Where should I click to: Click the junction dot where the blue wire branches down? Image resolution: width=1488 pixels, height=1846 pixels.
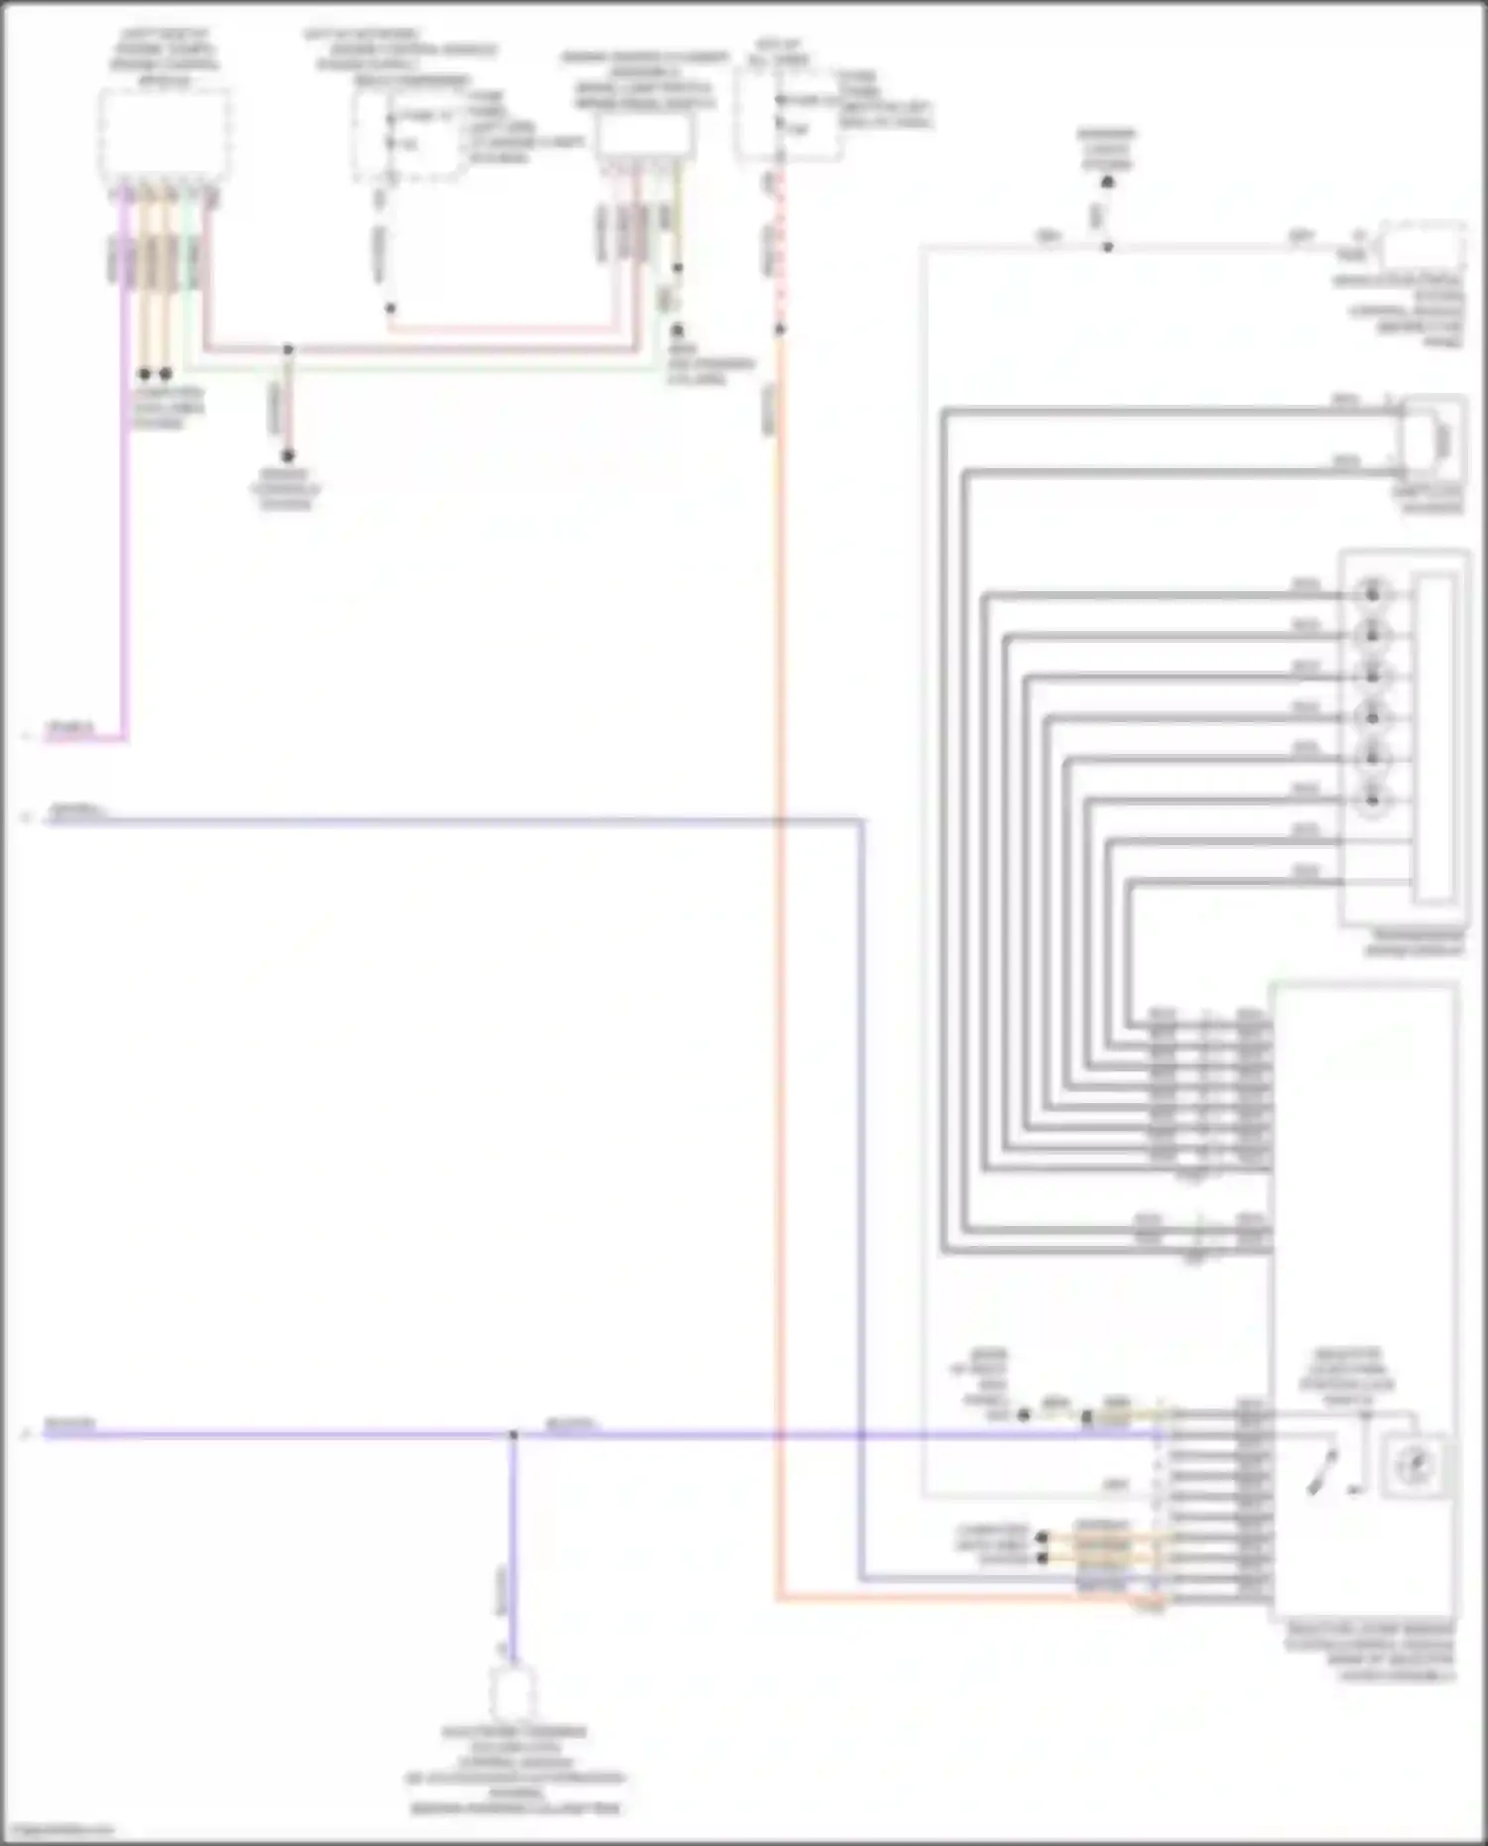(513, 1434)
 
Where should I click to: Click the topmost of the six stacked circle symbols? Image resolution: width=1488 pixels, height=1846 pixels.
(1372, 593)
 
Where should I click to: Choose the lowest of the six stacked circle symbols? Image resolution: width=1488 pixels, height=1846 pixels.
(1372, 798)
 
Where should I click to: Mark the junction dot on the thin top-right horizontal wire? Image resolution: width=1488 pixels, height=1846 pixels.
(1107, 247)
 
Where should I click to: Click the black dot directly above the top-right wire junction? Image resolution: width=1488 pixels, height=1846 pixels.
(1107, 183)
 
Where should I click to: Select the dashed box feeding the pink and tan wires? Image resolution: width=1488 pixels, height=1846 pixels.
(166, 136)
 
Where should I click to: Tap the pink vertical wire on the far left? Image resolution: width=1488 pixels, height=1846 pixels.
(125, 496)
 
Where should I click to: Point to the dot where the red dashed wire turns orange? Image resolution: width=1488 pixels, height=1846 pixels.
(779, 329)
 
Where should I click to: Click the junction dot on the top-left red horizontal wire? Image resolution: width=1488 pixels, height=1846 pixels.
(288, 349)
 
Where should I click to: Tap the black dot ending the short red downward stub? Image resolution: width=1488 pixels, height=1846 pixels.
(288, 456)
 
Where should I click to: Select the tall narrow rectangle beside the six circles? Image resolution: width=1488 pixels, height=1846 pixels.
(1434, 739)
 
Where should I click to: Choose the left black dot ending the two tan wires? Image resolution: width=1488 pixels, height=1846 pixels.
(145, 374)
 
